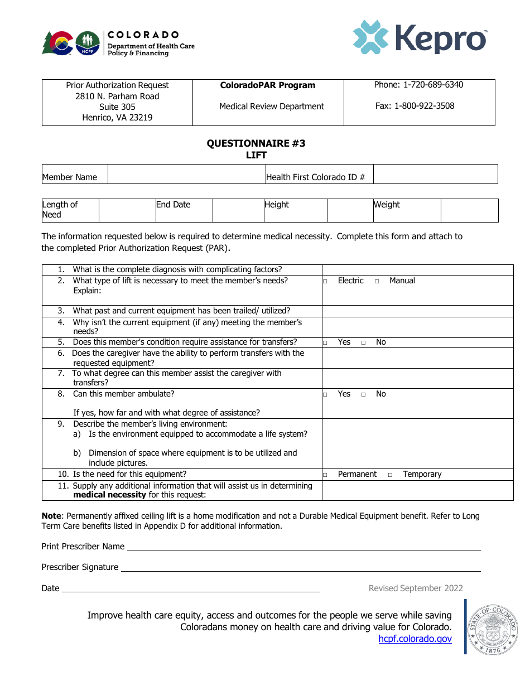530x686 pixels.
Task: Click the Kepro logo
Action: pyautogui.click(x=420, y=38)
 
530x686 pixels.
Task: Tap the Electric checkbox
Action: pyautogui.click(x=325, y=282)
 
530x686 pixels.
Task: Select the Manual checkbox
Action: pyautogui.click(x=377, y=282)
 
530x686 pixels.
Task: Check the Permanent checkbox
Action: pyautogui.click(x=325, y=475)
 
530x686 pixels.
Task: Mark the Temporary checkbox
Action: pyautogui.click(x=390, y=475)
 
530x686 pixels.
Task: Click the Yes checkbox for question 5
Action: pyautogui.click(x=325, y=342)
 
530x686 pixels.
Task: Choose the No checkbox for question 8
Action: pyautogui.click(x=363, y=395)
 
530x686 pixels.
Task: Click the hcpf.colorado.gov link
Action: pyautogui.click(x=415, y=639)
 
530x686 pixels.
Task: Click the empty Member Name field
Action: pyautogui.click(x=186, y=174)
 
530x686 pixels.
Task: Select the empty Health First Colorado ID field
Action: pyautogui.click(x=435, y=174)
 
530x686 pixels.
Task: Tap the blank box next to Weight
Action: pyautogui.click(x=469, y=211)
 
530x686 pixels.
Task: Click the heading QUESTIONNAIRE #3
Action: pyautogui.click(x=256, y=143)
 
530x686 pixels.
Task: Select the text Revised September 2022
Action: pyautogui.click(x=416, y=588)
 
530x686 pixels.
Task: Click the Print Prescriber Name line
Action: pyautogui.click(x=303, y=547)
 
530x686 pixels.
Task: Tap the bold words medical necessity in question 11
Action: pyautogui.click(x=109, y=495)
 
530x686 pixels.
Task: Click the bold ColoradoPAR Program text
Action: pyautogui.click(x=268, y=85)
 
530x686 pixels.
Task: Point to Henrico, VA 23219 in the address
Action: pyautogui.click(x=117, y=118)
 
